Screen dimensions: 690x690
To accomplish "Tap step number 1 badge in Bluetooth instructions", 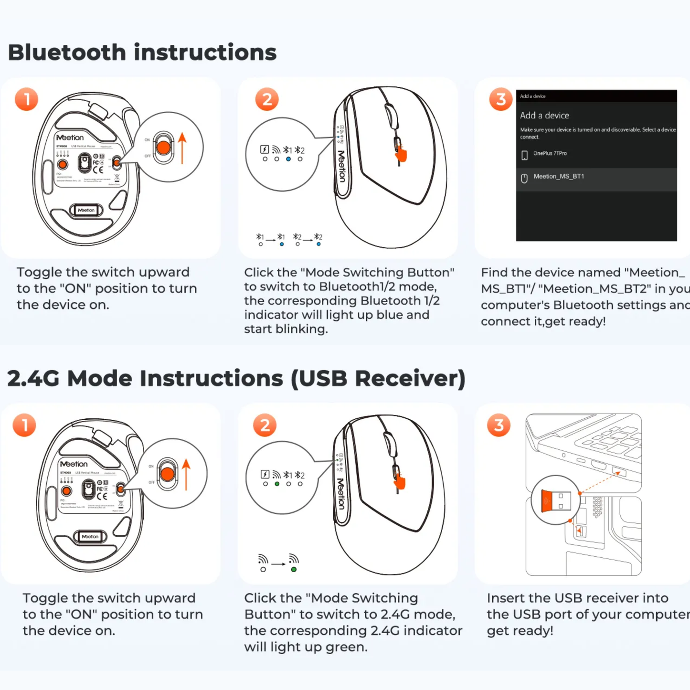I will (x=26, y=99).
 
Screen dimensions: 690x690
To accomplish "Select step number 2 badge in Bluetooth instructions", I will (x=266, y=99).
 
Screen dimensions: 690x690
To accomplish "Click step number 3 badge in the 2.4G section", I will (x=499, y=425).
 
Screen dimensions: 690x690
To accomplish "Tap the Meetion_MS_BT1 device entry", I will (x=559, y=177).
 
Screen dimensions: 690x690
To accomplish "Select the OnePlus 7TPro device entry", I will (x=550, y=154).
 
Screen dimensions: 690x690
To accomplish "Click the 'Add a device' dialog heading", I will (x=544, y=116).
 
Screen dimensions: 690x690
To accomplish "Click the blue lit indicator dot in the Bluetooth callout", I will (x=288, y=159).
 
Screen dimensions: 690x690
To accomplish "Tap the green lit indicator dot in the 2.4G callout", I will (x=277, y=484).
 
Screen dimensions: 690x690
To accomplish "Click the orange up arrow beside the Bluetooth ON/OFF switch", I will (x=182, y=148).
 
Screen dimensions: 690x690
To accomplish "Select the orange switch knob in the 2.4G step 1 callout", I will (x=168, y=474).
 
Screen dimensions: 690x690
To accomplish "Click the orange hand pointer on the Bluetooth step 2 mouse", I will (x=401, y=154).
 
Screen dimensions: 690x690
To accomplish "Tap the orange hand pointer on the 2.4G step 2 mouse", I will (x=400, y=482).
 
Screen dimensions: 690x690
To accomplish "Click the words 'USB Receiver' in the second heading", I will (x=378, y=379).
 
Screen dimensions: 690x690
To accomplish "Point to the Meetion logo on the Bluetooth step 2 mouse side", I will (x=341, y=166).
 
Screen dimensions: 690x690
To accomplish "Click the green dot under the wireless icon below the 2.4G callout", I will (x=294, y=570).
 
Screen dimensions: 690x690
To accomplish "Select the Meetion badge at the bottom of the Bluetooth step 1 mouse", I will (x=86, y=210).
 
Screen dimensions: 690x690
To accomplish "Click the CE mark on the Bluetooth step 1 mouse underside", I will (x=98, y=170).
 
